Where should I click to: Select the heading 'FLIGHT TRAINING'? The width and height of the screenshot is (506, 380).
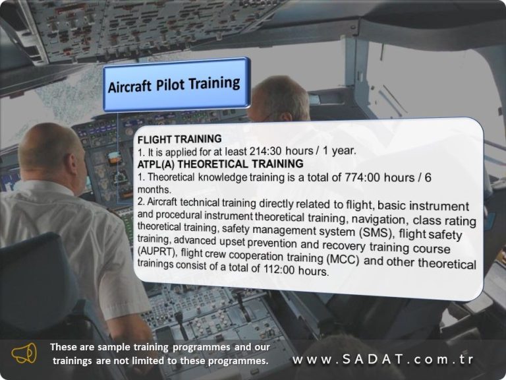pos(179,139)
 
